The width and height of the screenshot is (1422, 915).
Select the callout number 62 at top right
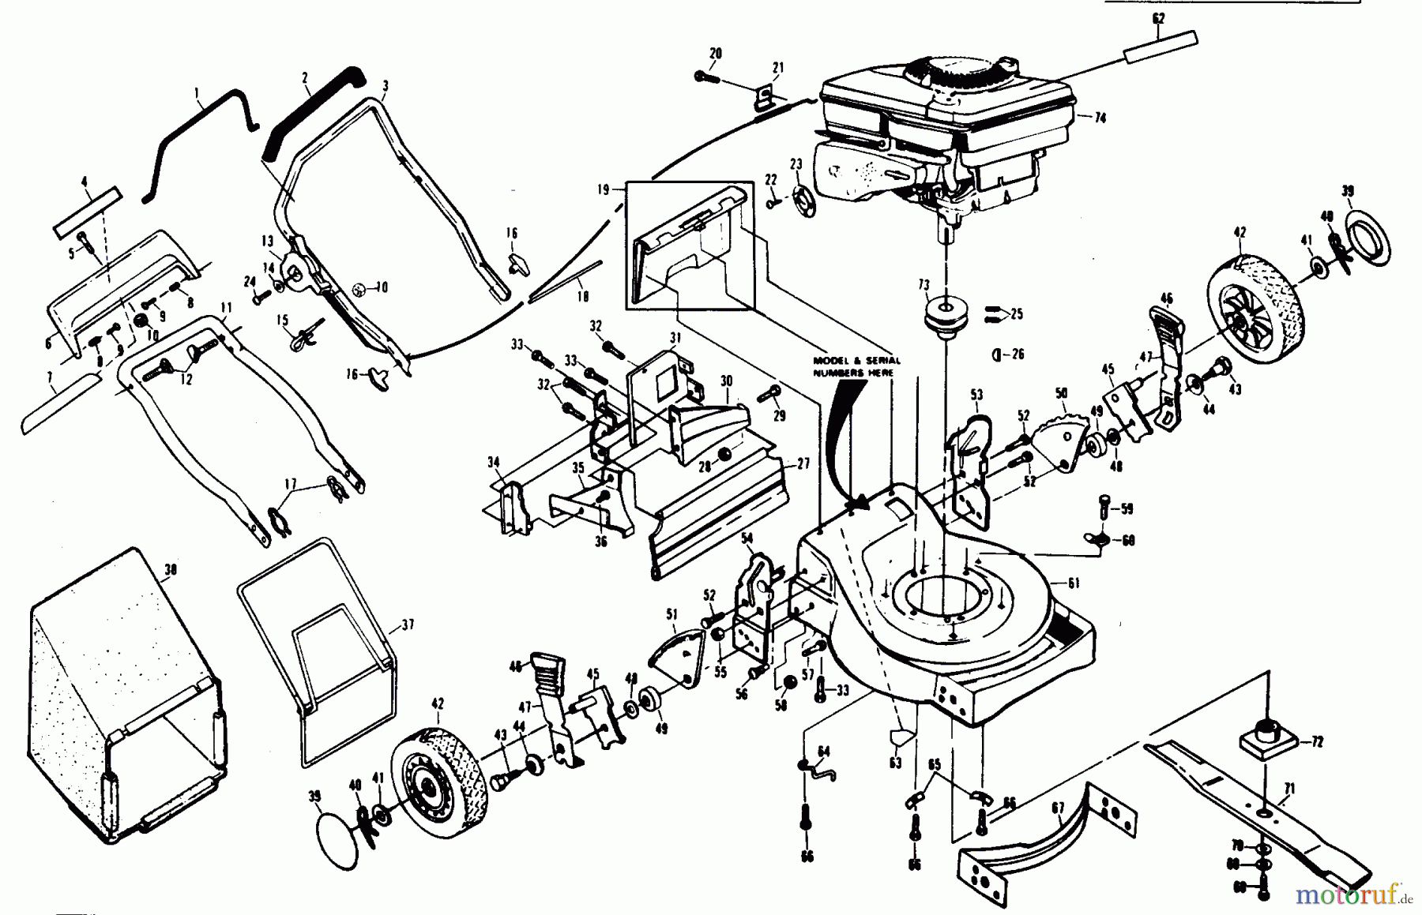(1158, 17)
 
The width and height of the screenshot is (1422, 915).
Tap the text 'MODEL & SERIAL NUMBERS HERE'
(856, 366)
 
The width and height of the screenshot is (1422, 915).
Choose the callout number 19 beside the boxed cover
(604, 189)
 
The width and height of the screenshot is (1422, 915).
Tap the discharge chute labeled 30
(711, 426)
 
